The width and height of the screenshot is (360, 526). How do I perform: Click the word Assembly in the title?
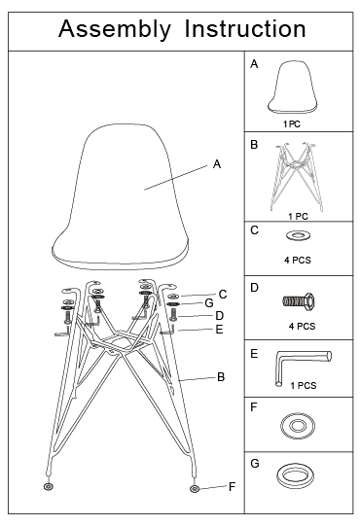(x=115, y=29)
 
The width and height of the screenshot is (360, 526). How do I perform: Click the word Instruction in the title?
(x=245, y=28)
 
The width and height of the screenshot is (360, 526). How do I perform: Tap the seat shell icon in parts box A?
(x=292, y=88)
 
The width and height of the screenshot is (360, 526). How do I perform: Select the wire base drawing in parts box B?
(x=297, y=177)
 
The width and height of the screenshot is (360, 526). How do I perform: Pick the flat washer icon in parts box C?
(x=298, y=235)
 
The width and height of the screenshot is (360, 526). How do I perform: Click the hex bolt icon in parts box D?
(x=299, y=300)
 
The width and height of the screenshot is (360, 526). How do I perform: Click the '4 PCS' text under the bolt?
(x=303, y=326)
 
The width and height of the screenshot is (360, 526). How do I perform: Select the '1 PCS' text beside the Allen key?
(x=304, y=385)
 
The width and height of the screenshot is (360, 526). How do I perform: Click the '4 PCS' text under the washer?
(x=298, y=260)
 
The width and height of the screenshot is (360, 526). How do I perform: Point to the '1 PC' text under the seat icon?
(x=292, y=124)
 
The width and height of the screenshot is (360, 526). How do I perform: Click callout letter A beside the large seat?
(x=217, y=164)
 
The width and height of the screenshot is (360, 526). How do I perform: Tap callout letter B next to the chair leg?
(x=221, y=377)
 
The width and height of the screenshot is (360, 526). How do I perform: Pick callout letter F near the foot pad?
(x=232, y=487)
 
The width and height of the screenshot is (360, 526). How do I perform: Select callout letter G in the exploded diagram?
(x=209, y=303)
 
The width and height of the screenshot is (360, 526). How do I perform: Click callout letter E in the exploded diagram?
(x=219, y=330)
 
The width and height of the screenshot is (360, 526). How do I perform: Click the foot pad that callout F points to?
(x=195, y=489)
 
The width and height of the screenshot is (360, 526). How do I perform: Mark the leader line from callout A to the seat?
(x=176, y=178)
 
